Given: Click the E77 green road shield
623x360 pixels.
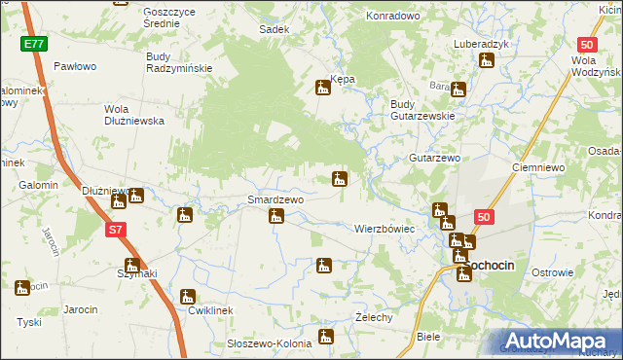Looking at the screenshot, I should pyautogui.click(x=35, y=45).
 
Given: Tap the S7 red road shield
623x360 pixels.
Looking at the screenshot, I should pyautogui.click(x=116, y=230).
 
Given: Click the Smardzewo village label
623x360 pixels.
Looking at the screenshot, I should pyautogui.click(x=275, y=199).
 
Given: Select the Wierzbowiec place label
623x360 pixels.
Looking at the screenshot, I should pyautogui.click(x=385, y=229).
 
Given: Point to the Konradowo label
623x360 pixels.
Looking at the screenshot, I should pyautogui.click(x=392, y=17).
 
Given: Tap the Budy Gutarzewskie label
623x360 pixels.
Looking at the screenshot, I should pyautogui.click(x=423, y=109).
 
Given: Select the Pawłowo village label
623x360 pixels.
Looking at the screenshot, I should pyautogui.click(x=75, y=66).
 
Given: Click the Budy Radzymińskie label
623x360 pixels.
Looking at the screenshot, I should pyautogui.click(x=179, y=62).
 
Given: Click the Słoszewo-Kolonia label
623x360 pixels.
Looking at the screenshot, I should pyautogui.click(x=269, y=342).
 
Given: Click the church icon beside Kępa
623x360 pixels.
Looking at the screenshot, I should pyautogui.click(x=323, y=89).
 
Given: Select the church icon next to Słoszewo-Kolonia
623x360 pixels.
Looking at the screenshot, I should pyautogui.click(x=326, y=338).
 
